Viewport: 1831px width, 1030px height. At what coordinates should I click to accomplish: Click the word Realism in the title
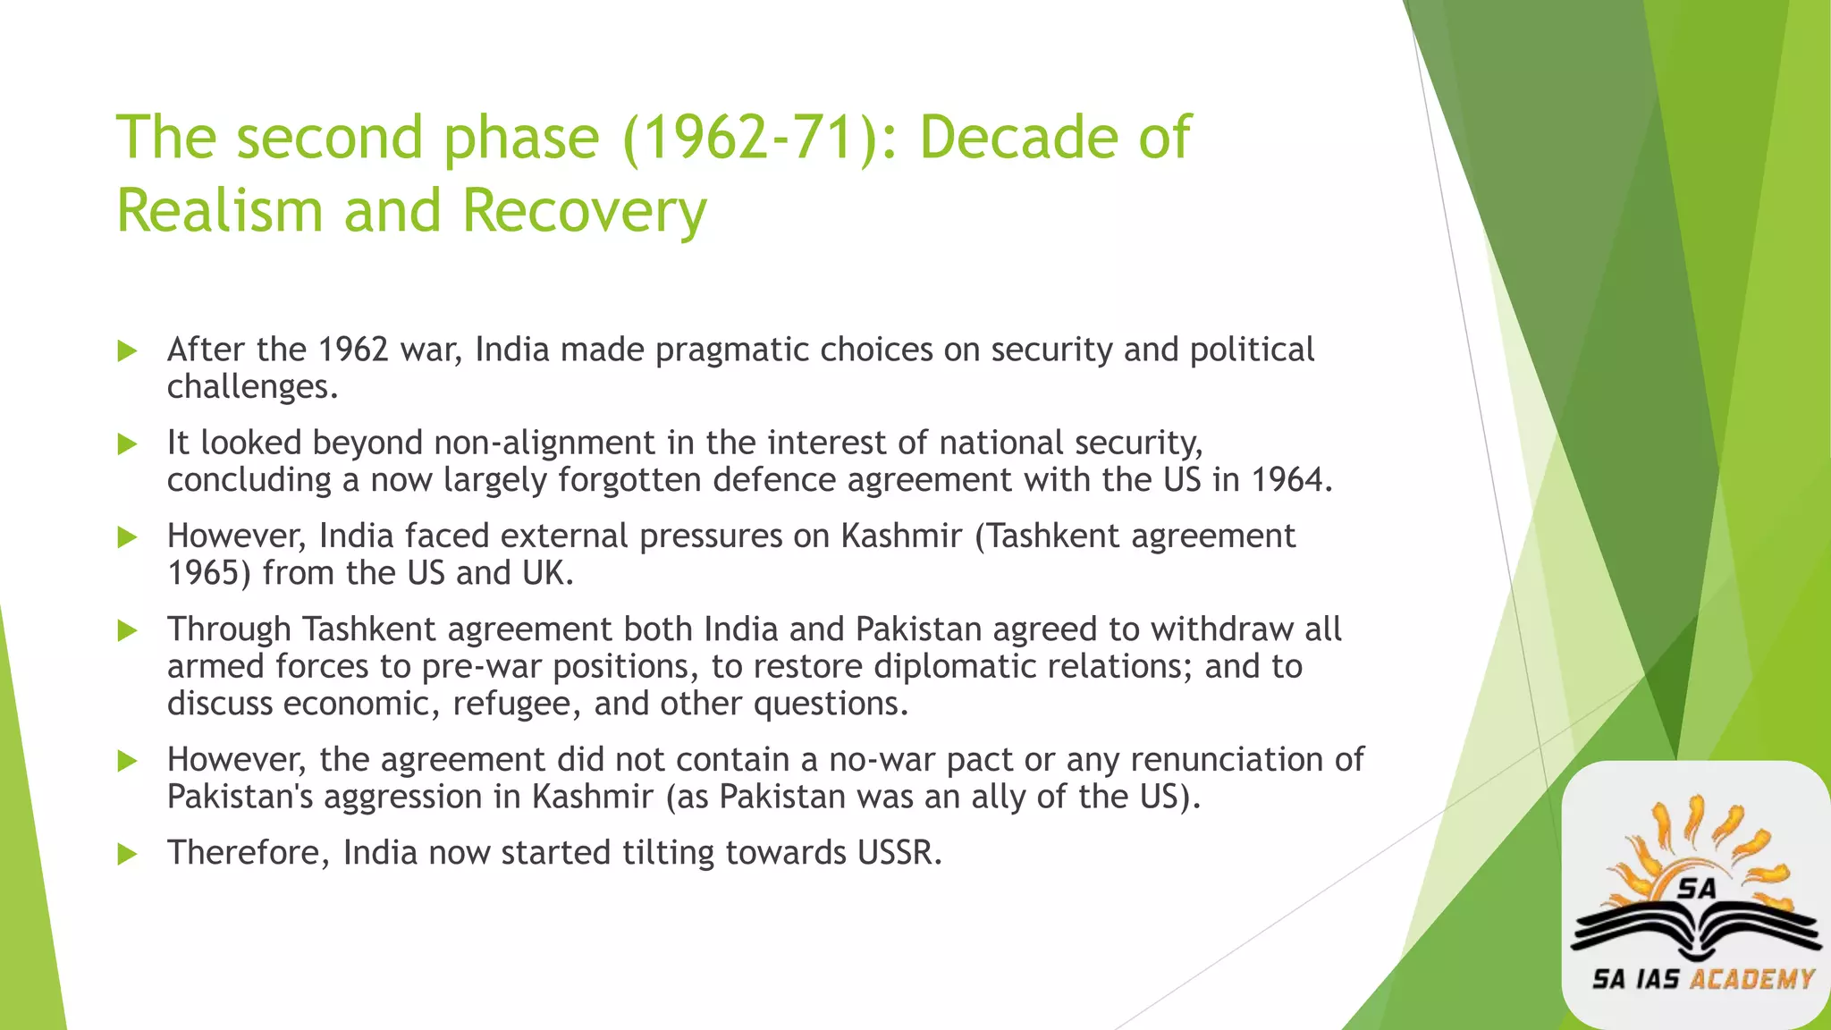click(x=220, y=211)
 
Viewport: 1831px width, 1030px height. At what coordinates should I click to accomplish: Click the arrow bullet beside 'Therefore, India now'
click(x=127, y=855)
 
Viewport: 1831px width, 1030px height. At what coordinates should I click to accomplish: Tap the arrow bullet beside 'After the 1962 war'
click(x=127, y=350)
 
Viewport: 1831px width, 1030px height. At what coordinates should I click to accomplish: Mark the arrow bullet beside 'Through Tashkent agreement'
click(x=127, y=631)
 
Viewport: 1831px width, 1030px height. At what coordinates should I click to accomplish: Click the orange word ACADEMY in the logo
click(x=1751, y=979)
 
